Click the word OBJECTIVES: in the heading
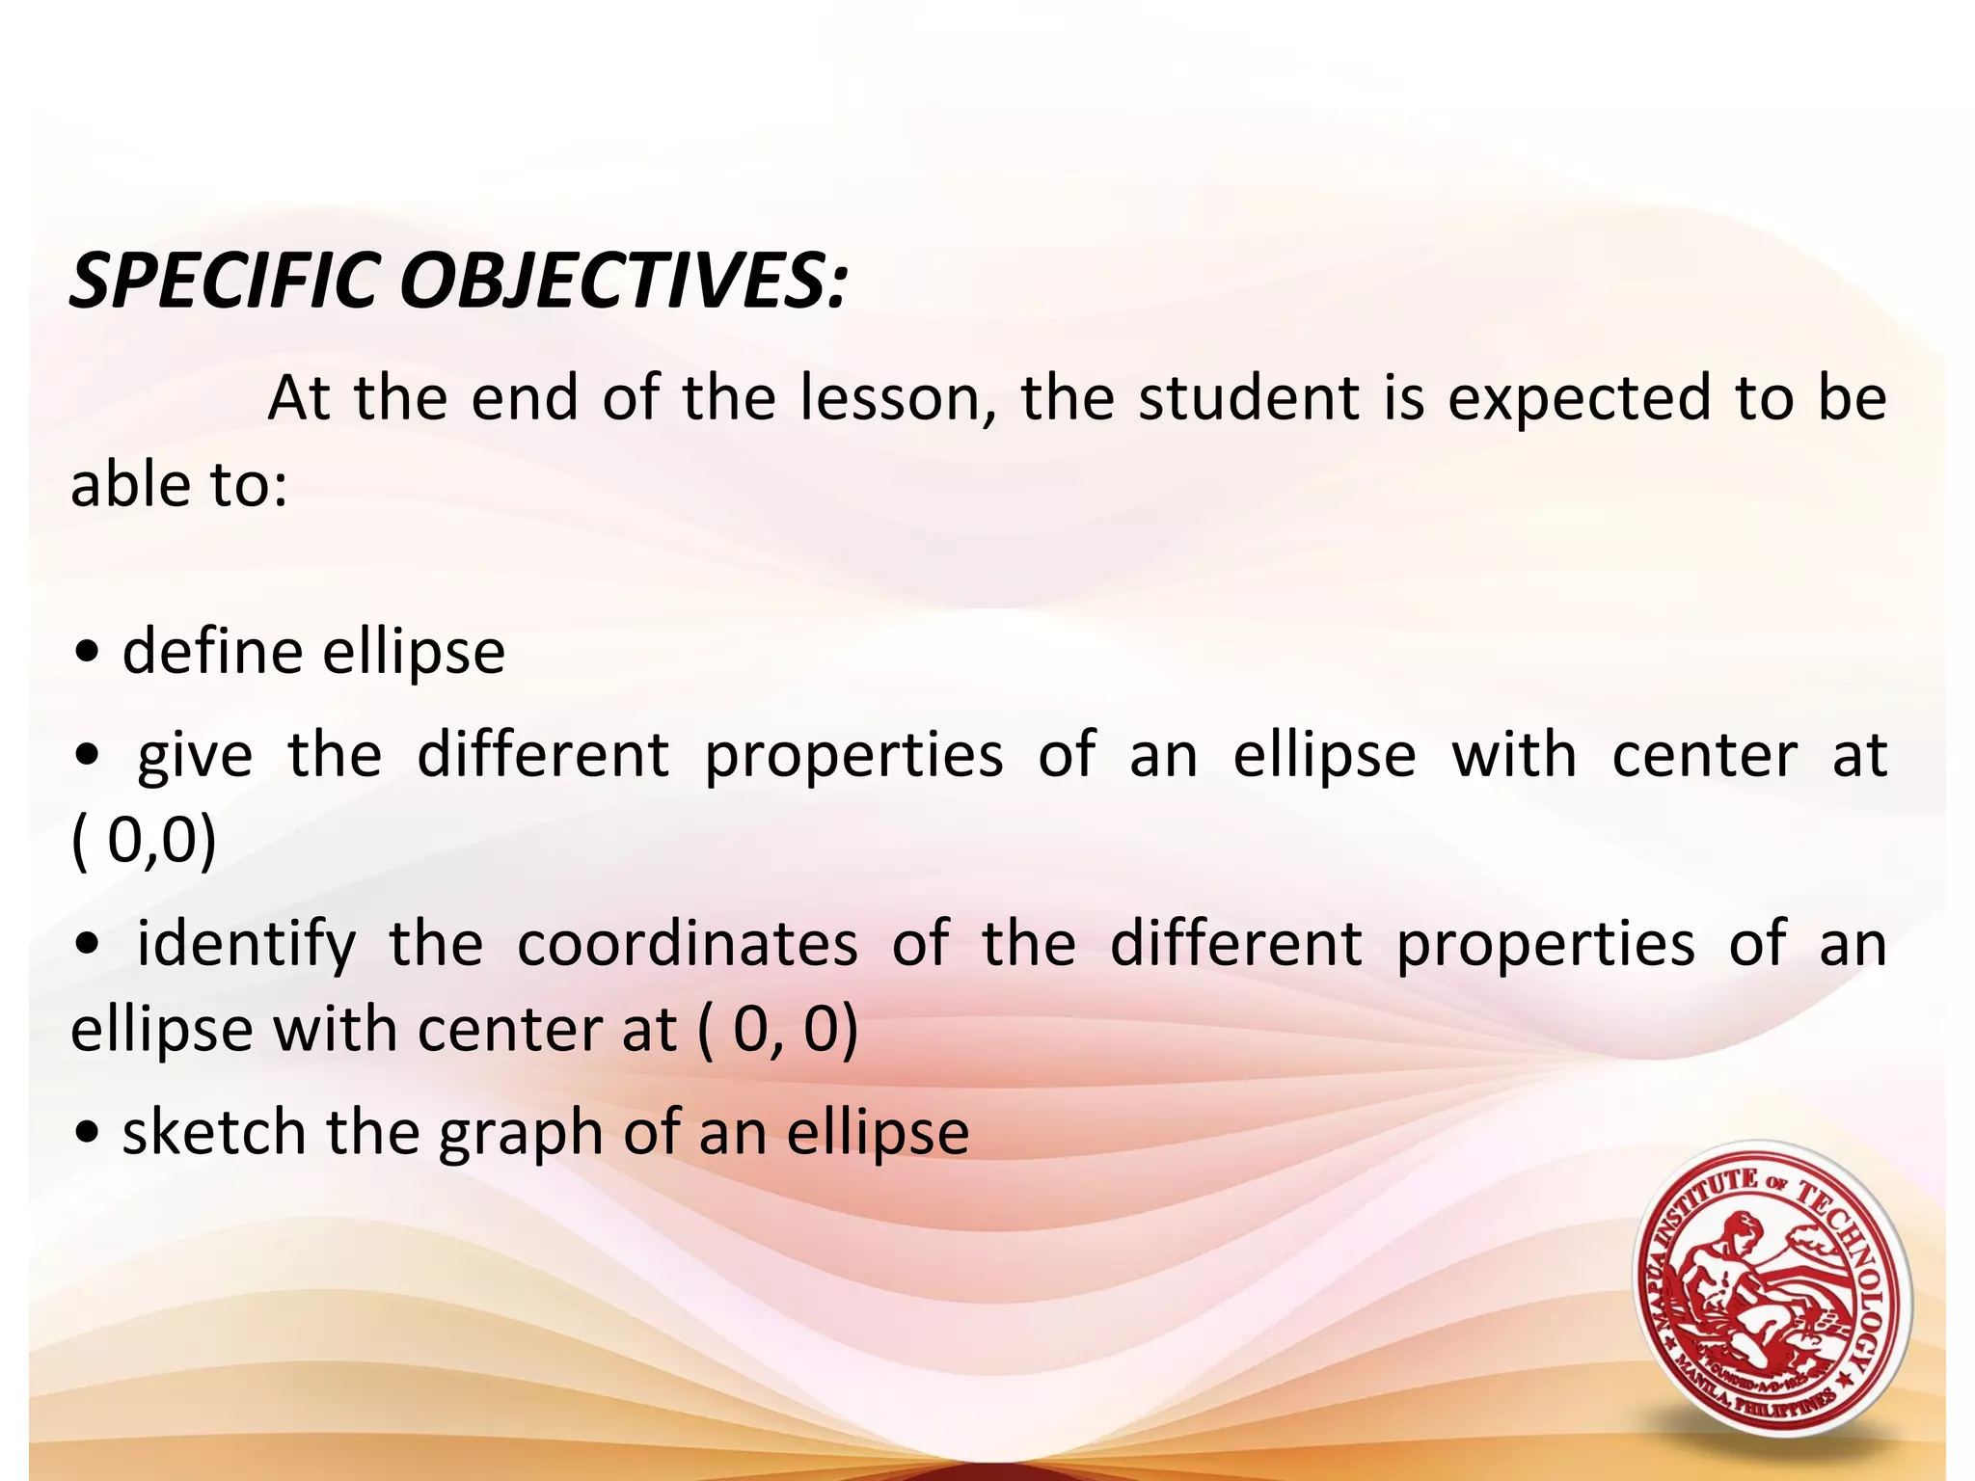click(x=623, y=282)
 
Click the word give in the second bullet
click(x=195, y=755)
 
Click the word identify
click(x=246, y=945)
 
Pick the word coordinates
click(x=687, y=945)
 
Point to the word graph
click(x=521, y=1134)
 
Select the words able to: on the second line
click(x=179, y=484)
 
